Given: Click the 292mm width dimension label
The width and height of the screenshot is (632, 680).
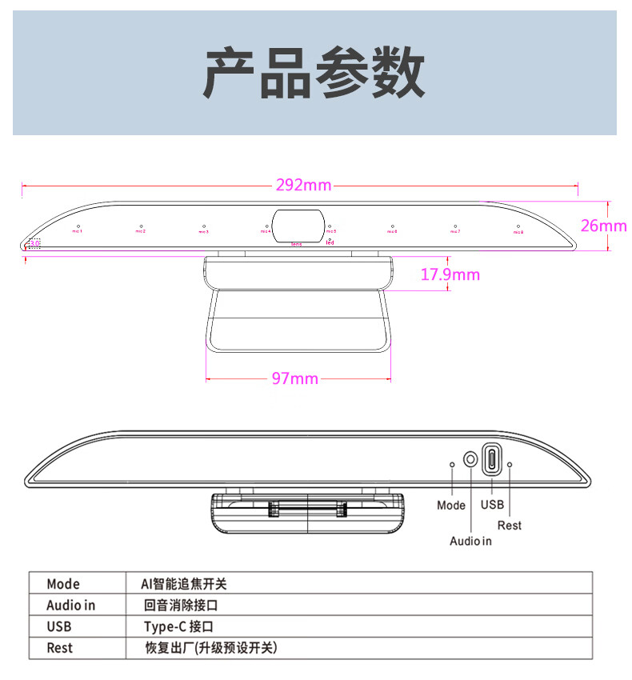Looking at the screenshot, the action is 303,186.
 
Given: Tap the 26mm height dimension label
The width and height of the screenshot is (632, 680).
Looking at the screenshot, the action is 603,226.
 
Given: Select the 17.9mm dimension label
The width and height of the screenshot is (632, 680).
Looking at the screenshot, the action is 450,275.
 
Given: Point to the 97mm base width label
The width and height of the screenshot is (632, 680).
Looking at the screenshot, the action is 294,378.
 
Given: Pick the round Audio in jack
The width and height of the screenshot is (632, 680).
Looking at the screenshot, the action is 471,460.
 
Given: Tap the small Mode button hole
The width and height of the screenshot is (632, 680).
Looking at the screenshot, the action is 453,463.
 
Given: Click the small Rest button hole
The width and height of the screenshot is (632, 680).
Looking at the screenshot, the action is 510,463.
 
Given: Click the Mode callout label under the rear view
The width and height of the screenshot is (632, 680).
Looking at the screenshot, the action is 451,505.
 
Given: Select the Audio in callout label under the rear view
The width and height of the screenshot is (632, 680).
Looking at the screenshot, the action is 470,541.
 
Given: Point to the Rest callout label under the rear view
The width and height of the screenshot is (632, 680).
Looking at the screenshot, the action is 510,525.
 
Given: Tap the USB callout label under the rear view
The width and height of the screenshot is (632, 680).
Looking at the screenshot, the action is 492,505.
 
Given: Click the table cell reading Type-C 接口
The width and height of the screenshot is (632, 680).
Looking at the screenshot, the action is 178,627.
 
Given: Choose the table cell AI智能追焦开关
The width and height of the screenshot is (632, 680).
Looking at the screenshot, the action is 183,584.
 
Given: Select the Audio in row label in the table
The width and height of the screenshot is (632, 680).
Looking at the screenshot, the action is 70,606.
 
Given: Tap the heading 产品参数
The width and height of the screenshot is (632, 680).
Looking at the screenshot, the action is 314,73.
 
